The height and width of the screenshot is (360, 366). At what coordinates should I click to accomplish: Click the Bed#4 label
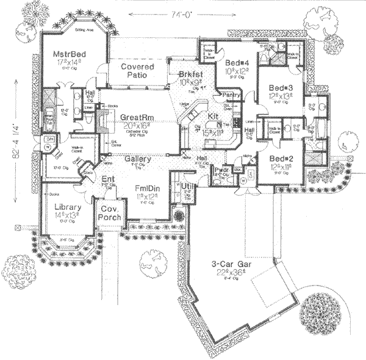pyautogui.click(x=235, y=63)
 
